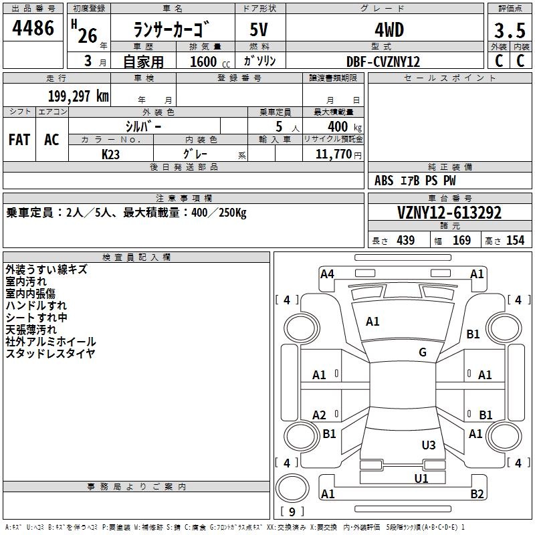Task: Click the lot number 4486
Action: point(33,27)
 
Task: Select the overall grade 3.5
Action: point(510,30)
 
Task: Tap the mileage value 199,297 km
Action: point(78,96)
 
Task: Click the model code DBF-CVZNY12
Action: point(383,62)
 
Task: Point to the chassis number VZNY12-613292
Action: point(449,213)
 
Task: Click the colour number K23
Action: point(110,154)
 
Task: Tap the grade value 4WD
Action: point(389,30)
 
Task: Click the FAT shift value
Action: point(19,140)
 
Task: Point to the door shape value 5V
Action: point(259,29)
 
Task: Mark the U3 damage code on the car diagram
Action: point(429,445)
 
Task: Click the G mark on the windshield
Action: point(423,352)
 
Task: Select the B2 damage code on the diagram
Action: point(477,494)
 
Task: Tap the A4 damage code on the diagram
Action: point(327,274)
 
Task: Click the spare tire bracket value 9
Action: point(292,512)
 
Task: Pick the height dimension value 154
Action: point(515,240)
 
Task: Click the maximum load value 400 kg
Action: point(344,127)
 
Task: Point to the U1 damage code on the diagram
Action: point(421,478)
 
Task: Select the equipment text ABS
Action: point(384,181)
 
